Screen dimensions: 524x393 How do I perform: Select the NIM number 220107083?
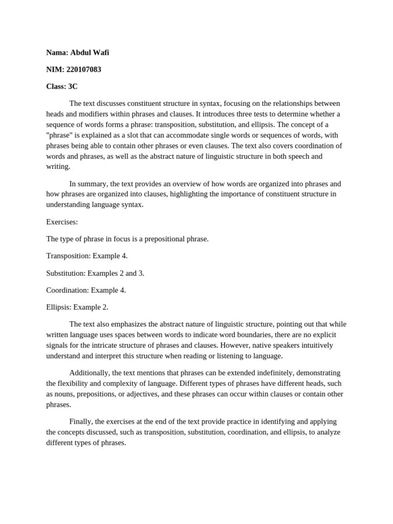pos(83,70)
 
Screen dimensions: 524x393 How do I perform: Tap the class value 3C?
pos(73,86)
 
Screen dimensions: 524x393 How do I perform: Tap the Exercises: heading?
pos(62,222)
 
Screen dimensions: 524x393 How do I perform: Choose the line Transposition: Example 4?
pos(86,256)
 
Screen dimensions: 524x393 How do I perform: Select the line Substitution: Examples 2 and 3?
pos(95,273)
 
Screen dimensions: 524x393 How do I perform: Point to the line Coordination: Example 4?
pos(86,290)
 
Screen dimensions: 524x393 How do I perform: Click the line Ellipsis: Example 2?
pos(77,307)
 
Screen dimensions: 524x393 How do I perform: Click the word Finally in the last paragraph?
pos(81,421)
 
